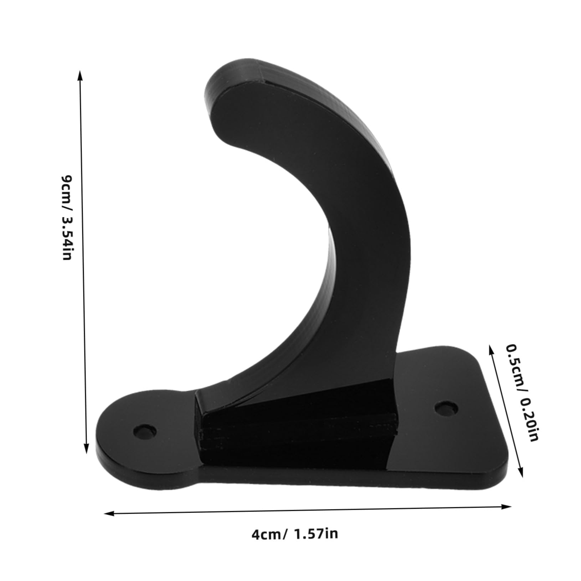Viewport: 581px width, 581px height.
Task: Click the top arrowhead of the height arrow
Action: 80,75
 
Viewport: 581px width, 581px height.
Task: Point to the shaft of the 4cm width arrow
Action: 307,510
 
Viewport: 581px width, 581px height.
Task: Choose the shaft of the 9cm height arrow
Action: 83,264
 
